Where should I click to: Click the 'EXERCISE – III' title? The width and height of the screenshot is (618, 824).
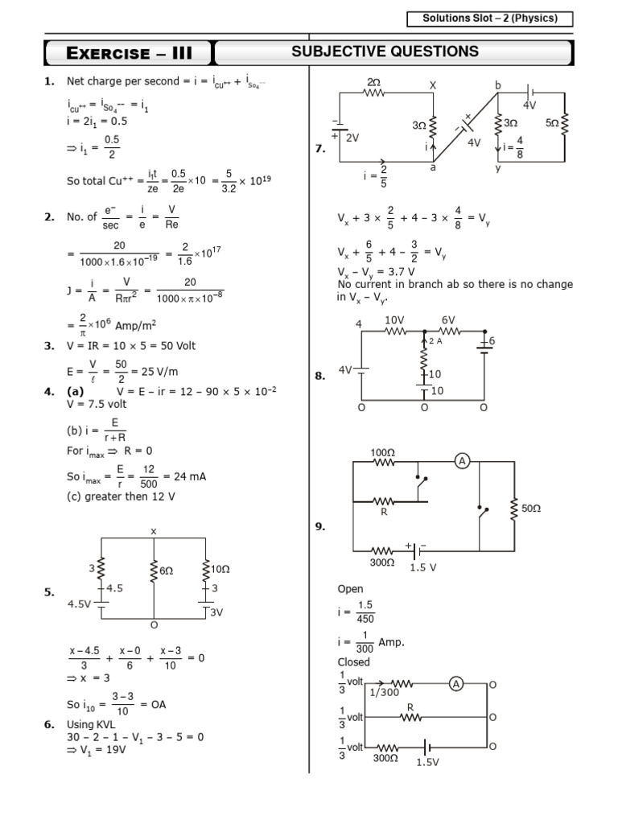coord(128,54)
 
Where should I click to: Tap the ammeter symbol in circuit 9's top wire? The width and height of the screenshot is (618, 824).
coord(462,460)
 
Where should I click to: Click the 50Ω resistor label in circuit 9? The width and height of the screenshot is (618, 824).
coord(531,509)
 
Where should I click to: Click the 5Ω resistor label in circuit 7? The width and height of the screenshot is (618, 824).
coord(552,123)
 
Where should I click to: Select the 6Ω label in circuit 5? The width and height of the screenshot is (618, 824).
coord(167,570)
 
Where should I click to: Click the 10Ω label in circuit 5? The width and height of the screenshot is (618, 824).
coord(220,569)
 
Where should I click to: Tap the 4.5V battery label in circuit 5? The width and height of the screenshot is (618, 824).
coord(81,604)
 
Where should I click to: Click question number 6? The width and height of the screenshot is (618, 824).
coord(49,724)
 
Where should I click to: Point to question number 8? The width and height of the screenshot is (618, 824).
coord(319,375)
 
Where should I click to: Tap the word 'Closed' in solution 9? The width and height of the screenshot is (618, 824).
coord(354,662)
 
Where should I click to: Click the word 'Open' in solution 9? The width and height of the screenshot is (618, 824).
coord(351,588)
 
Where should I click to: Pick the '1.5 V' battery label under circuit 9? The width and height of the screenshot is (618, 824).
coord(423,566)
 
